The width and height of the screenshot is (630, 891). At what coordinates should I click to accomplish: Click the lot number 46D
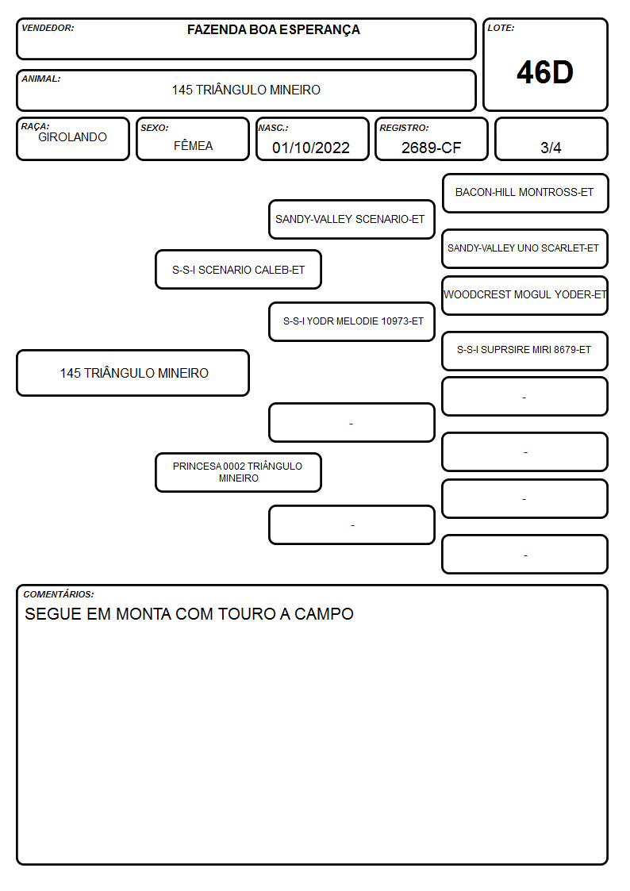(545, 72)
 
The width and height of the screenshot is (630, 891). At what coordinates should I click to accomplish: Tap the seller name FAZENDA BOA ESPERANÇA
(273, 29)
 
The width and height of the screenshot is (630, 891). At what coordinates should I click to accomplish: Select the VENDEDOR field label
(48, 28)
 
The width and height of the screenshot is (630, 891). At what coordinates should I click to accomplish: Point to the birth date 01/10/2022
(311, 148)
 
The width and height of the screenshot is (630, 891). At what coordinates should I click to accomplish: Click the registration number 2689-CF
(431, 148)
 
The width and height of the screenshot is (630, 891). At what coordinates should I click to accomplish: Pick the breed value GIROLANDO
(72, 137)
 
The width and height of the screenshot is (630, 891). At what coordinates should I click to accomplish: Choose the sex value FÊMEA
(193, 145)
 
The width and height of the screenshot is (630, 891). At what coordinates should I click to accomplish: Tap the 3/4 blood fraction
(551, 148)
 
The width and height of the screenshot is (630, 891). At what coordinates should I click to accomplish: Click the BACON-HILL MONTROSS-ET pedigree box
(525, 194)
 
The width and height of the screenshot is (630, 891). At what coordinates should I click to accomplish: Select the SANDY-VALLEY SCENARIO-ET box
(351, 219)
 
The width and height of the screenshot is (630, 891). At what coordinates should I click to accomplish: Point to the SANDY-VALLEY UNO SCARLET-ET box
(525, 248)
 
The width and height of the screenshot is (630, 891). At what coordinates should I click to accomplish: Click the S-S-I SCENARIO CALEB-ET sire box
(239, 270)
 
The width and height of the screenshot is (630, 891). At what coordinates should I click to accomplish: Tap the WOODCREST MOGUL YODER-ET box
(525, 295)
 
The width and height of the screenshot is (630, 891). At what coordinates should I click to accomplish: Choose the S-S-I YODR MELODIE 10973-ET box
(351, 321)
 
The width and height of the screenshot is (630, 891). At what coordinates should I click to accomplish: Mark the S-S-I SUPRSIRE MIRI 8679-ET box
(525, 351)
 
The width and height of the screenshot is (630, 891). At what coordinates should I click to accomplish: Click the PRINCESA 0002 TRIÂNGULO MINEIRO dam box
(239, 472)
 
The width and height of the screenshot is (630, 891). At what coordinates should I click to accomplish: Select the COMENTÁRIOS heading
(59, 594)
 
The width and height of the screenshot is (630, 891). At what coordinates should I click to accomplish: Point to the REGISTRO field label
(404, 128)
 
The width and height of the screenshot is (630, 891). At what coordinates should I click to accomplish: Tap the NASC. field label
(273, 128)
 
